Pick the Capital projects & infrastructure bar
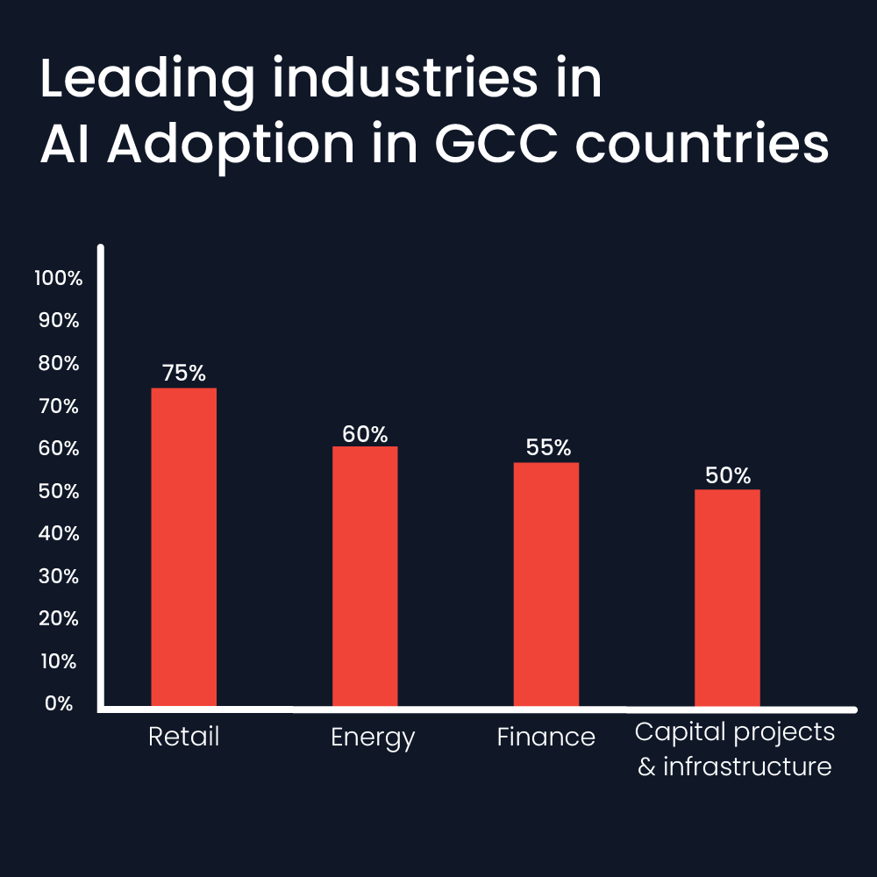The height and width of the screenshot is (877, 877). click(x=727, y=597)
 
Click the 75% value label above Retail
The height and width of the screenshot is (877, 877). click(x=184, y=373)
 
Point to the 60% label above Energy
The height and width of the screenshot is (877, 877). click(x=365, y=433)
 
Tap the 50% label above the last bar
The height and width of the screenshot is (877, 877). click(x=728, y=475)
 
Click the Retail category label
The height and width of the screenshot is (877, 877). click(x=184, y=737)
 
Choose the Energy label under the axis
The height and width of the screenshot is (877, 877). click(x=373, y=738)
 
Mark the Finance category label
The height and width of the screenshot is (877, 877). click(x=546, y=737)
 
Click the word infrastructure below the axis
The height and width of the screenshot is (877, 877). click(x=746, y=766)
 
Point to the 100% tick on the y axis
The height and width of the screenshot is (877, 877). click(x=58, y=279)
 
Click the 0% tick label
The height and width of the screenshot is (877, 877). click(x=59, y=703)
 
